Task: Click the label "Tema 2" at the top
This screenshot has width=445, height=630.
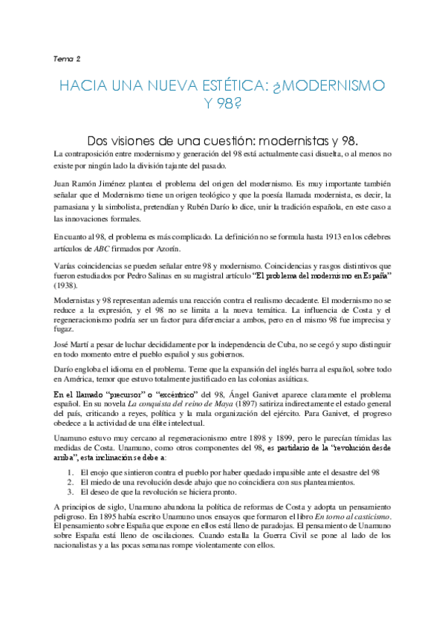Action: (x=68, y=58)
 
